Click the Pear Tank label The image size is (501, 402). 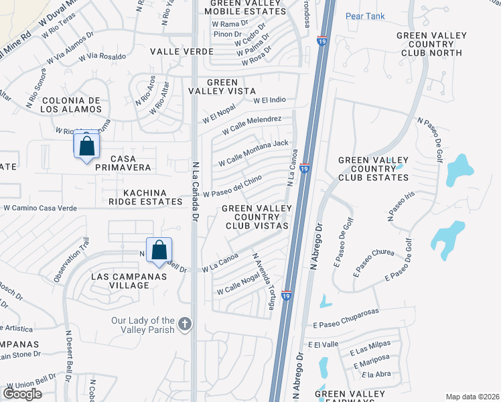tap(364, 16)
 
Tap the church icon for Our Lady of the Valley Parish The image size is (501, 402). tap(186, 325)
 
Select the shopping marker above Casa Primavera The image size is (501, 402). tap(86, 145)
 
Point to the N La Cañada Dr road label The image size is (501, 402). tap(196, 191)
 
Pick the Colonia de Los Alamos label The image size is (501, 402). tap(71, 105)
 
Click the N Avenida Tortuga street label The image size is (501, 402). tap(263, 281)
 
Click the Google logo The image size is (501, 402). tap(22, 393)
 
